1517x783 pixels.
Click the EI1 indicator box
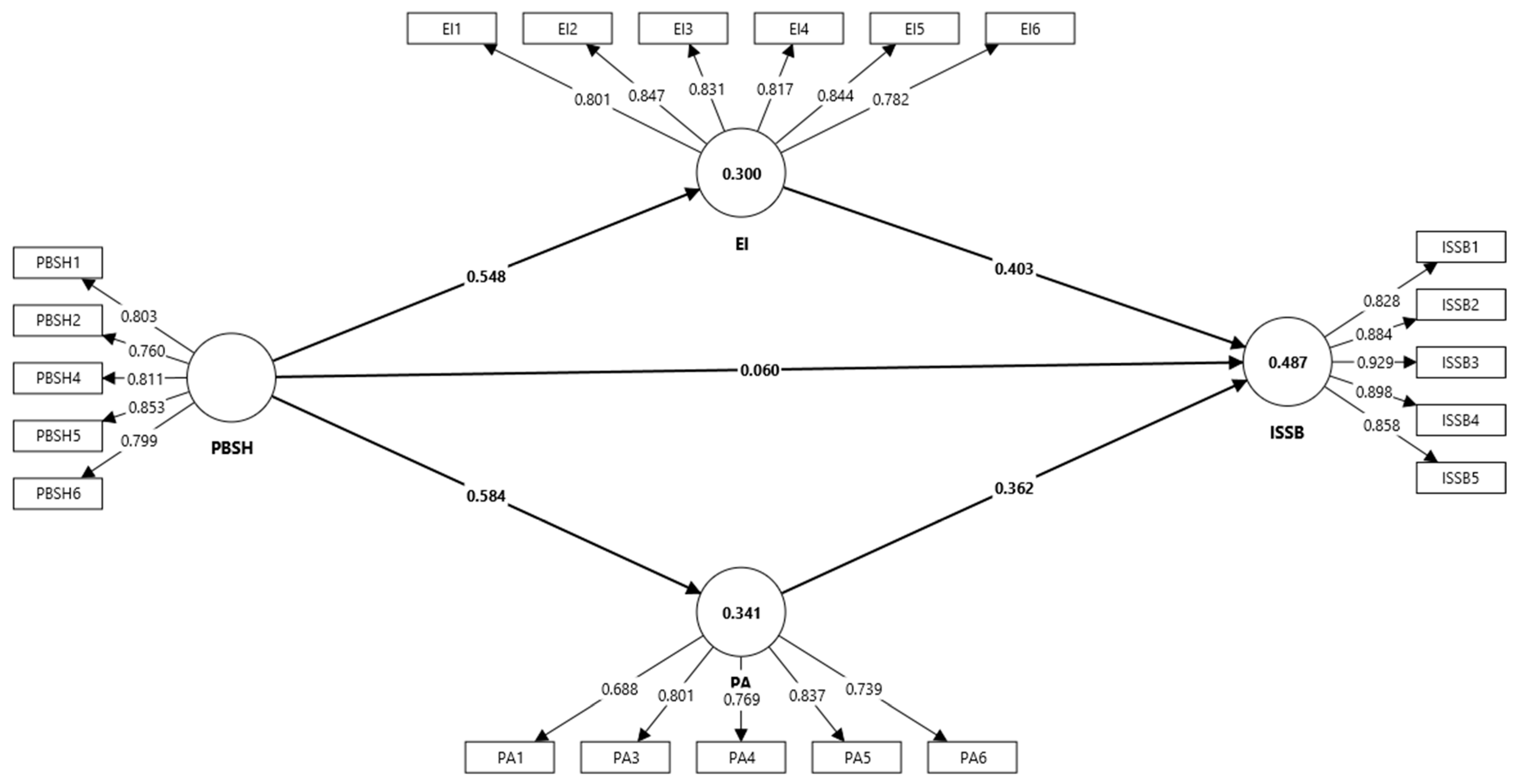click(452, 28)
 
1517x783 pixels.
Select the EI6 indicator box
click(1030, 28)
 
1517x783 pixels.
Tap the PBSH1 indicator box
click(58, 262)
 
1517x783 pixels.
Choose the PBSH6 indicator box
click(58, 493)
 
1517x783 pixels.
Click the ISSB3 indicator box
click(1461, 362)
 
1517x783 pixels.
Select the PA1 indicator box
click(509, 757)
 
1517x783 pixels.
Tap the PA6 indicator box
click(972, 757)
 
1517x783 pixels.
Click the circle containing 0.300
click(741, 173)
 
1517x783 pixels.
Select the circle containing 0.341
click(741, 612)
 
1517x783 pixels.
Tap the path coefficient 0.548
click(486, 276)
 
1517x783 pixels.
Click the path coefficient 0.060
click(760, 370)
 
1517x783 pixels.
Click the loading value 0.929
click(1375, 363)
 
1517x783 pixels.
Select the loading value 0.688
click(620, 689)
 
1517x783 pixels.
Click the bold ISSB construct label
click(1287, 433)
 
